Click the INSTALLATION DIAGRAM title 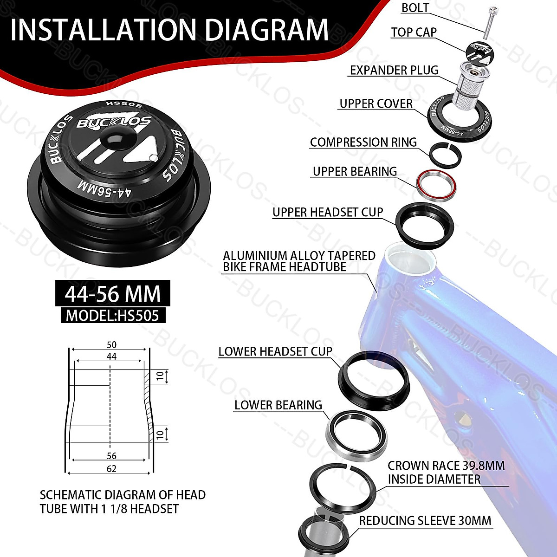coord(169,30)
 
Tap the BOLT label coord(415,8)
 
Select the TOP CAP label coord(414,32)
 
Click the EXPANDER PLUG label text coord(394,70)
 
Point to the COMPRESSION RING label coord(363,142)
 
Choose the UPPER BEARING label coord(355,171)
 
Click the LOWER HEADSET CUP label coord(275,351)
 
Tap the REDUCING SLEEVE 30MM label coord(425,520)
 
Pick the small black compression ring coord(445,154)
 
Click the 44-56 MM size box coord(112,294)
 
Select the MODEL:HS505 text coord(112,316)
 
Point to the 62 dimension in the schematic coord(111,469)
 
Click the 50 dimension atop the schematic coord(111,345)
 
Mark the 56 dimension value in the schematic coord(111,456)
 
